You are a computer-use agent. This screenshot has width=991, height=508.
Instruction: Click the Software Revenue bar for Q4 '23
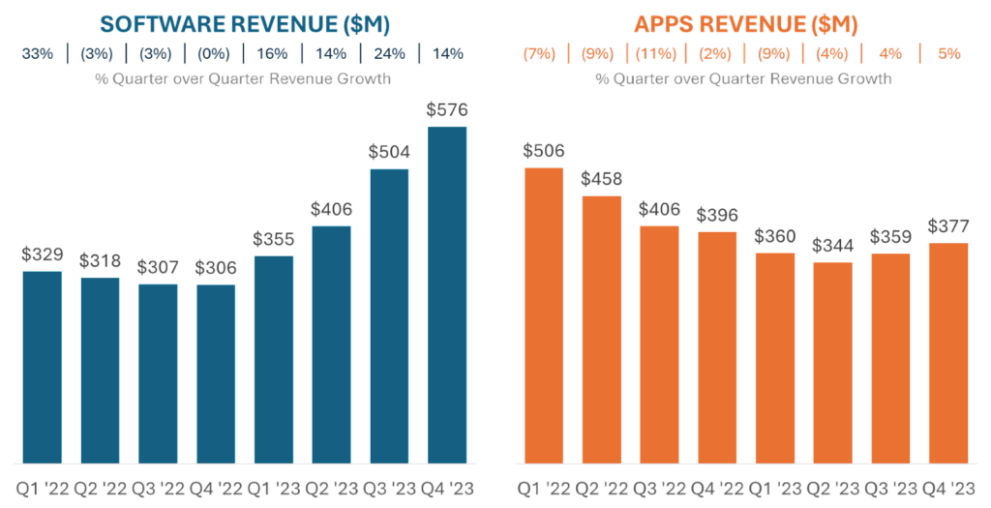(x=447, y=294)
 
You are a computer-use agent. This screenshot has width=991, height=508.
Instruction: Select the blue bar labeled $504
(x=389, y=315)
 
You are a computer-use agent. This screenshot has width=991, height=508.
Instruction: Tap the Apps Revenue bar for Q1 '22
(x=543, y=314)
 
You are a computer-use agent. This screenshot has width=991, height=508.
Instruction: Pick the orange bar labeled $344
(x=833, y=362)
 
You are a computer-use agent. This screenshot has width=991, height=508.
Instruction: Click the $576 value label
(x=447, y=110)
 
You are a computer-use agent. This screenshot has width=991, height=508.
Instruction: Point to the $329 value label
(x=42, y=255)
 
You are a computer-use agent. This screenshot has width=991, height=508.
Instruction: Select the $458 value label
(x=601, y=180)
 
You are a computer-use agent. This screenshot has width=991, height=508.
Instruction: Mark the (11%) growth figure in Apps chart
(x=653, y=54)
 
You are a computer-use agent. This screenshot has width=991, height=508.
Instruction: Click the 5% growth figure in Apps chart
(x=949, y=54)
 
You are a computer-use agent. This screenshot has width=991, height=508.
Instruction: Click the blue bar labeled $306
(x=215, y=374)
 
